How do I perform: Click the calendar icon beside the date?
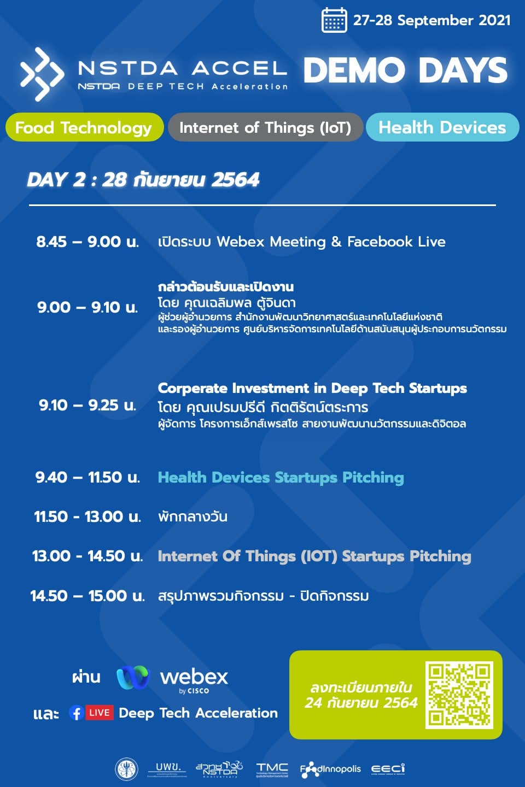point(334,20)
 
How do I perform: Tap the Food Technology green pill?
point(84,127)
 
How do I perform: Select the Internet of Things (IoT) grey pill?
point(265,127)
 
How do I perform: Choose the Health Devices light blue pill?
point(442,127)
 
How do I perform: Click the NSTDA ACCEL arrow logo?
point(42,74)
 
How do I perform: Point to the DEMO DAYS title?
point(405,71)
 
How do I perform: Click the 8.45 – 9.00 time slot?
point(87,242)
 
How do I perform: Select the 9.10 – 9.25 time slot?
point(87,405)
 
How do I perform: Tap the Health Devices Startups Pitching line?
point(281,478)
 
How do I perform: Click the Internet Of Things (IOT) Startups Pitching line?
point(314,556)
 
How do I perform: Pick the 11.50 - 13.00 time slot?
point(87,516)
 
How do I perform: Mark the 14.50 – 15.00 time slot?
point(87,596)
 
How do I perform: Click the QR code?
point(459,695)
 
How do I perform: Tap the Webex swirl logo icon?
point(133,678)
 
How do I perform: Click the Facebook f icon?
point(76,713)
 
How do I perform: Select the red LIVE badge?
point(100,713)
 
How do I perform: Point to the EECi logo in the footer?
point(388,769)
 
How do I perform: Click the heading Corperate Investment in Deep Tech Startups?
point(312,389)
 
